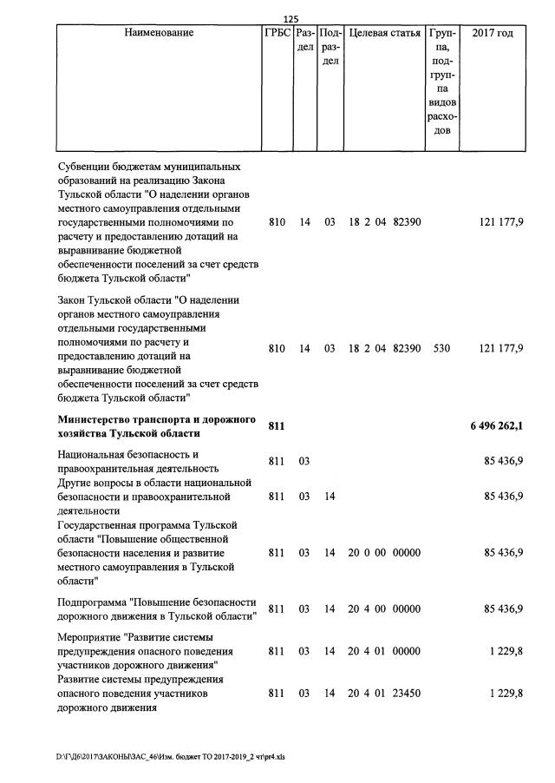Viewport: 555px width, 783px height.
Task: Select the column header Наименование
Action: pos(159,34)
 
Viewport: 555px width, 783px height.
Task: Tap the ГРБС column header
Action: pos(277,34)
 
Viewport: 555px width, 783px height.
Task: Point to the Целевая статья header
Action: pos(384,34)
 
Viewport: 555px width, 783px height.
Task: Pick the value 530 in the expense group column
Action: pos(441,348)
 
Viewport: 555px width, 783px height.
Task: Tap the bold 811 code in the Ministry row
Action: pos(277,425)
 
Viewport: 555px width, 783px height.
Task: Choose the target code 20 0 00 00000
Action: pos(384,552)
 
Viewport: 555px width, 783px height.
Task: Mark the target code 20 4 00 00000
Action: pos(384,609)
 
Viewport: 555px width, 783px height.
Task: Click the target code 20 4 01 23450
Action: pos(384,694)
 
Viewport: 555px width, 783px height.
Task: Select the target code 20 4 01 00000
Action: pos(384,651)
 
